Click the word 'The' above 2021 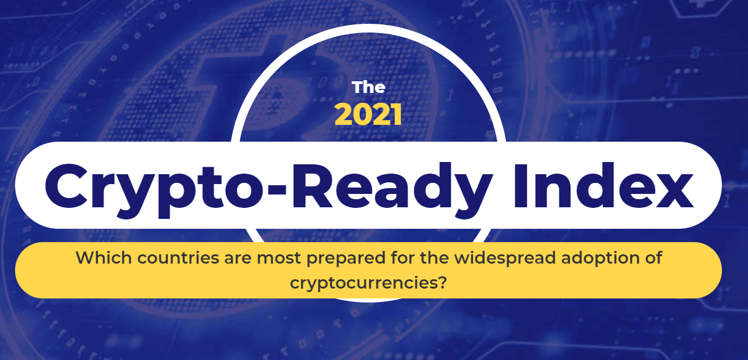tap(368, 88)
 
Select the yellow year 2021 tap(368, 114)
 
